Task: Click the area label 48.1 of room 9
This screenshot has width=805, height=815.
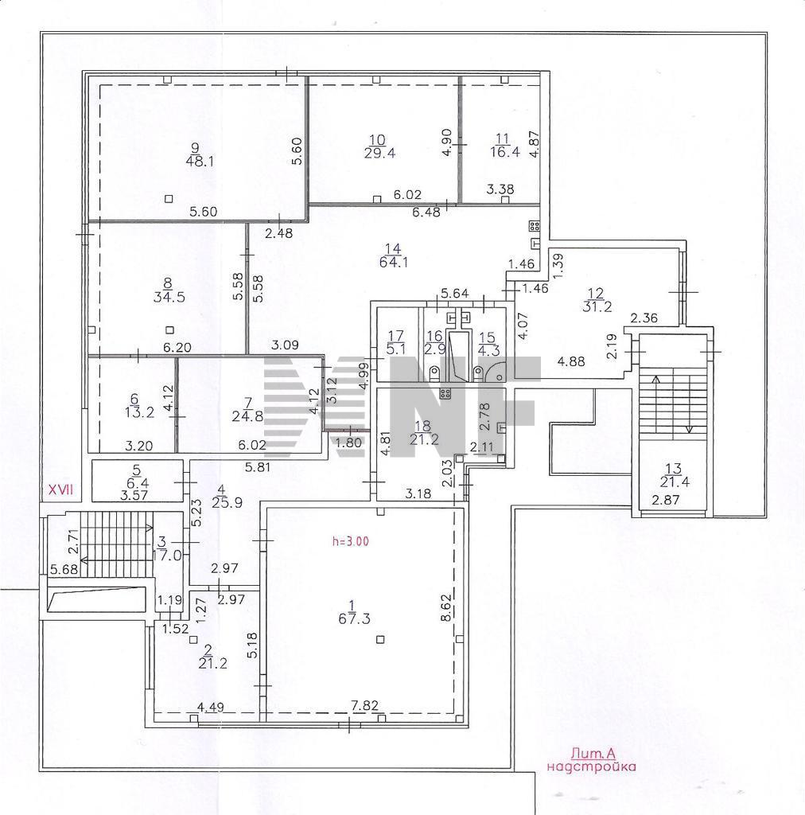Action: click(200, 161)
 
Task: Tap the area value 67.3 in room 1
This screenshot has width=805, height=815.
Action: click(354, 618)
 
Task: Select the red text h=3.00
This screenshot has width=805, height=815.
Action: click(351, 541)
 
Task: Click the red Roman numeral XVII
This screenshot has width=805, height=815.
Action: click(61, 489)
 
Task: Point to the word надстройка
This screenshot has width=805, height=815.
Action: click(592, 766)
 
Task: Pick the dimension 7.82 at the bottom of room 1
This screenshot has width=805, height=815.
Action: click(364, 705)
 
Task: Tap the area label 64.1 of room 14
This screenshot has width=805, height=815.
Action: click(394, 263)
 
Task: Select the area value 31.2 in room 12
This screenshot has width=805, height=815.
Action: click(597, 306)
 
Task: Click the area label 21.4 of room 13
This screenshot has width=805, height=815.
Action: click(675, 482)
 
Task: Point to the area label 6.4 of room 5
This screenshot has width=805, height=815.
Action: click(137, 483)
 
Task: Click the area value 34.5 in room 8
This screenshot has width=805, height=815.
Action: click(169, 298)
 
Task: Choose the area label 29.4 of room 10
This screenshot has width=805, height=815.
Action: click(379, 153)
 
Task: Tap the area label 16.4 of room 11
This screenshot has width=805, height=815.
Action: click(505, 151)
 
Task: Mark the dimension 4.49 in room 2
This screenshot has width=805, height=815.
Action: click(210, 707)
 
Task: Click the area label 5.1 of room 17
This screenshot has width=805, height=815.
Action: click(396, 349)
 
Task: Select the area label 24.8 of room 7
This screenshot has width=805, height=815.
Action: click(247, 415)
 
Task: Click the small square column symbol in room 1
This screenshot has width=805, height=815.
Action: click(381, 639)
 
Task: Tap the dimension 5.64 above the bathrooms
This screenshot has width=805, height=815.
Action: click(454, 294)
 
